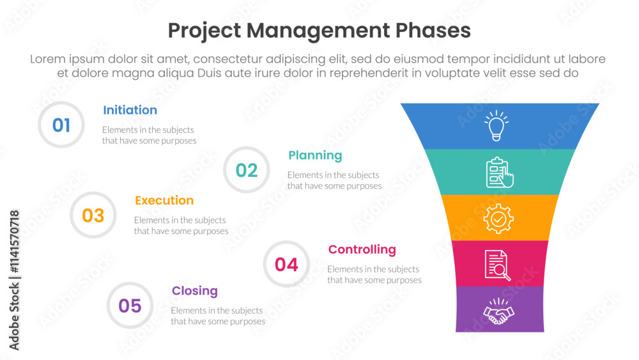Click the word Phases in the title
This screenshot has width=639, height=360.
433,31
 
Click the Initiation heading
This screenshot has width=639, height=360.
130,110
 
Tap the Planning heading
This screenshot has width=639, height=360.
315,156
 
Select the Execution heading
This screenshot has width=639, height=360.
164,200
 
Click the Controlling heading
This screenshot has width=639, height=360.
362,249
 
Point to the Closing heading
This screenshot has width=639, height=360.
194,291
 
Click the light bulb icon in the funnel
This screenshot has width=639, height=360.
497,125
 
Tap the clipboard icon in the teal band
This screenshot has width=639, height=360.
500,173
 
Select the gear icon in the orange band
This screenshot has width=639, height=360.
498,219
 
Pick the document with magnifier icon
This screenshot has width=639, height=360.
498,265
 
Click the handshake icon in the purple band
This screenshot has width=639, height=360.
498,311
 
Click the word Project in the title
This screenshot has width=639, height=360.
204,31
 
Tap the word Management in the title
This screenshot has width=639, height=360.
318,31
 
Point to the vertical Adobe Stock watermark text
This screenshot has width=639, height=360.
14,280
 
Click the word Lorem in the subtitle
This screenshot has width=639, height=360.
48,59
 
